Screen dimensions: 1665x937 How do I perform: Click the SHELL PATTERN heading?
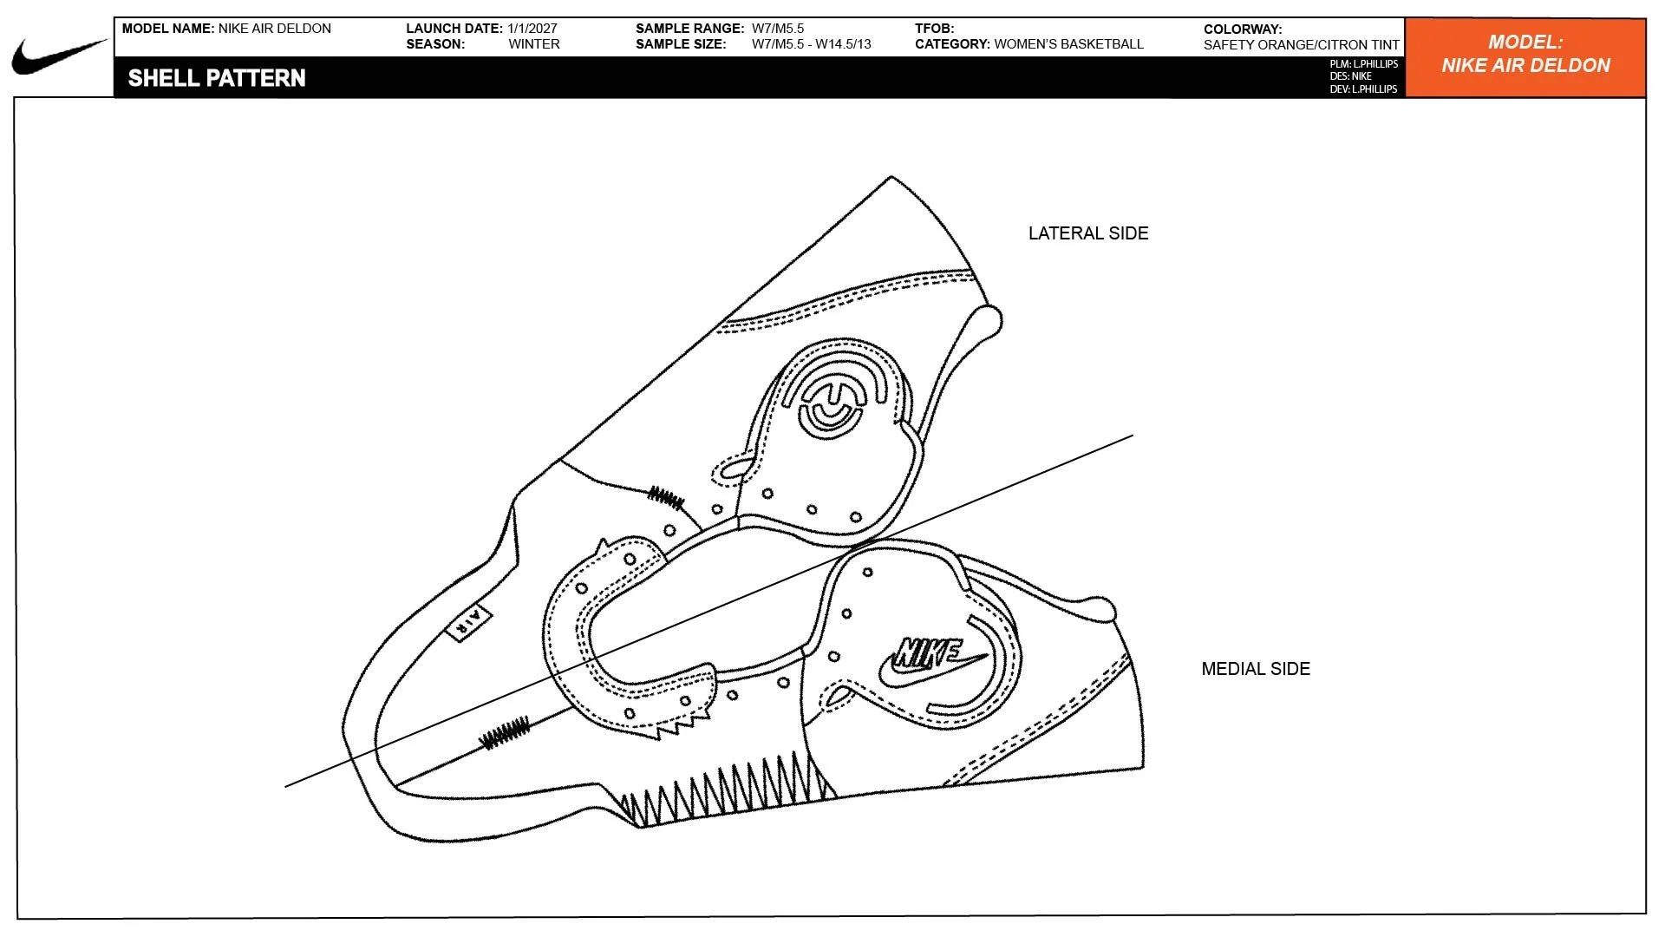tap(217, 78)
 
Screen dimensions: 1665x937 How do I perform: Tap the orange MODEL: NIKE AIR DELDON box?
tap(1525, 57)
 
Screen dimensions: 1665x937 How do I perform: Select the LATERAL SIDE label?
tap(1088, 233)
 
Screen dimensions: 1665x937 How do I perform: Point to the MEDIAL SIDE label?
tap(1256, 669)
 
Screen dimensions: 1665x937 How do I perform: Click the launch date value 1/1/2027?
tap(532, 29)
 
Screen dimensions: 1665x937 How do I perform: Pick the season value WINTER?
tap(534, 44)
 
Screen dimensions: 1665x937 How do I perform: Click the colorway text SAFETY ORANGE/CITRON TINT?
tap(1302, 45)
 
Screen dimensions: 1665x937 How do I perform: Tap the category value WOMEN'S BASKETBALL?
tap(1069, 44)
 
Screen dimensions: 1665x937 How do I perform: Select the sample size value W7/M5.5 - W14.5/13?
tap(812, 44)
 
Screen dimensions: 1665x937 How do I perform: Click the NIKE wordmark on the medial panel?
tap(930, 653)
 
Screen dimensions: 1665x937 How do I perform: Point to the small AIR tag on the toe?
tap(468, 622)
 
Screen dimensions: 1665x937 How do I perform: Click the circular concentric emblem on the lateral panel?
tap(833, 404)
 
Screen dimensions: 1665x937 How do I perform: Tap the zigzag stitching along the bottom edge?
tap(728, 790)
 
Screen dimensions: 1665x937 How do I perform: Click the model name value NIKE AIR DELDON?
tap(275, 29)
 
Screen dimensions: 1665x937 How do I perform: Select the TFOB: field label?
tap(935, 29)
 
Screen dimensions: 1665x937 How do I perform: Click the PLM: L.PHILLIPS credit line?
tap(1364, 64)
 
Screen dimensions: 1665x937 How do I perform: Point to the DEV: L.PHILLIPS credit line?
tap(1364, 89)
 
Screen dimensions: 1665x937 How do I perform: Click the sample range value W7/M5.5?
tap(778, 29)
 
